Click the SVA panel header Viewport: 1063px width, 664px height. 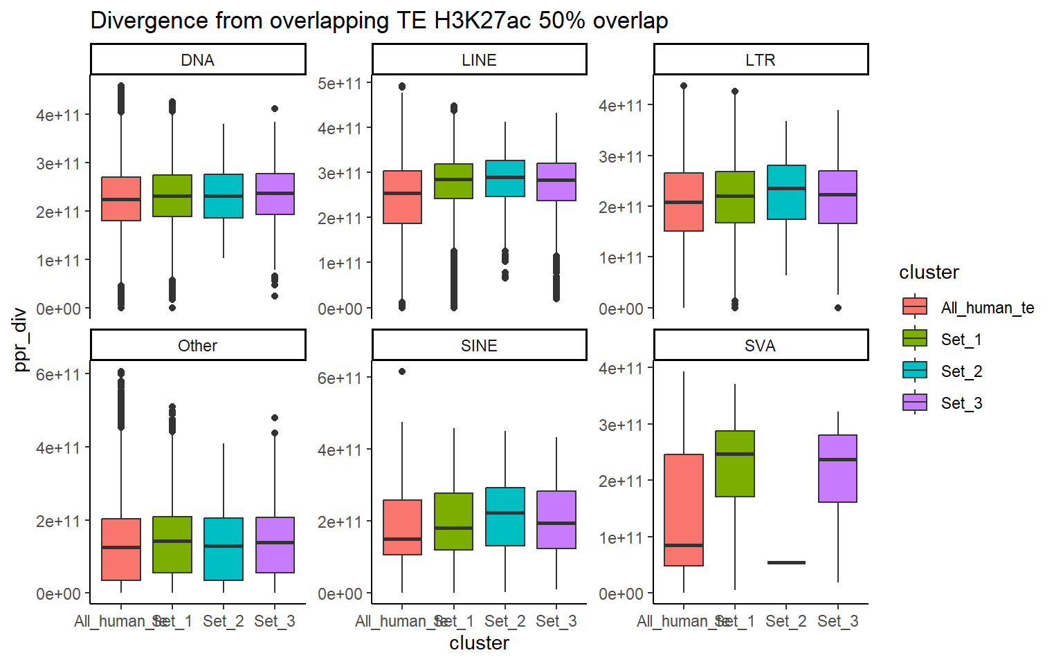coord(761,345)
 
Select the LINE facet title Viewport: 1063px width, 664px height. coord(479,60)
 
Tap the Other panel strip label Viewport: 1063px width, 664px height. coord(198,345)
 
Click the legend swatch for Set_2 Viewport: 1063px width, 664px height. coord(915,371)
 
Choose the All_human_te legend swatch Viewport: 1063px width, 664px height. coord(915,306)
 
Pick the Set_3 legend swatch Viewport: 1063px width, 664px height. coord(915,403)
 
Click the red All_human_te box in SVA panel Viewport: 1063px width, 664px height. coord(684,510)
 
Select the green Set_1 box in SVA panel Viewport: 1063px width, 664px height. coord(735,463)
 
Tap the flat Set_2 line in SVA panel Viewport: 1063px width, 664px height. coord(786,562)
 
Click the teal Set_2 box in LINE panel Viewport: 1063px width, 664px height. coord(505,178)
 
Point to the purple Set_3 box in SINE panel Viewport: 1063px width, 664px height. coord(556,519)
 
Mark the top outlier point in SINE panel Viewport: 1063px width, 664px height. coord(402,371)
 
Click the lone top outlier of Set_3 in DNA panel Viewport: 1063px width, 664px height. coord(275,109)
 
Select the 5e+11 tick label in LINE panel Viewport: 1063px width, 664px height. coord(340,84)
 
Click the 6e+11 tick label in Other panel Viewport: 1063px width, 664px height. coord(58,375)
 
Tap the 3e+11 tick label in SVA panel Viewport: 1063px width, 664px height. coord(621,425)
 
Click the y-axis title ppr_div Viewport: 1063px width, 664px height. coord(21,339)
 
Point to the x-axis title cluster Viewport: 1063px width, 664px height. coord(479,643)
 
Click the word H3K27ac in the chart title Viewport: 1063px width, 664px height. coord(482,21)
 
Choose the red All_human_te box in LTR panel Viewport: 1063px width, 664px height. coord(684,202)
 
